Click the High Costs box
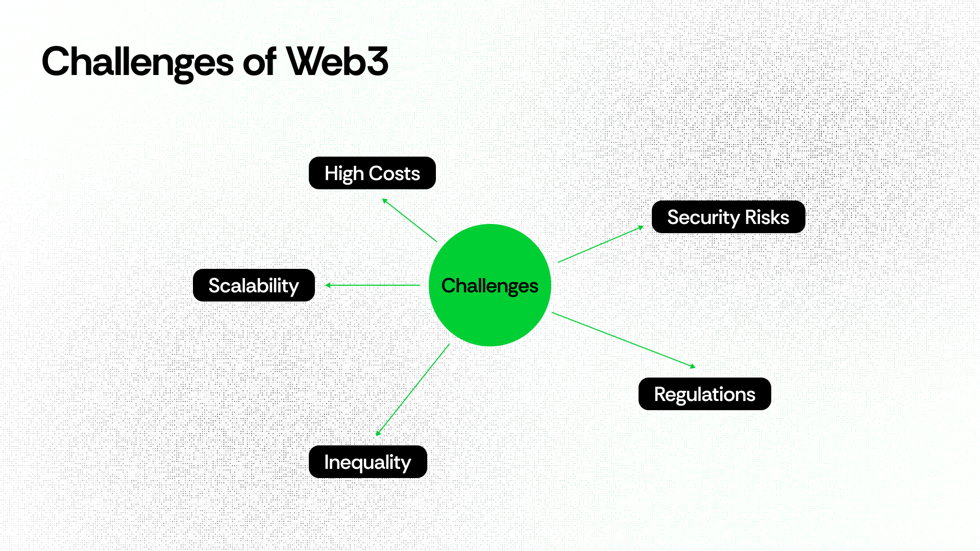372,173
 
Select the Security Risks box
728,217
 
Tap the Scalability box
254,285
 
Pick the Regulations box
704,394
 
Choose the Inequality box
367,462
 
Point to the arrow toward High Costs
410,220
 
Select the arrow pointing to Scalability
373,285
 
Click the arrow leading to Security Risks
601,244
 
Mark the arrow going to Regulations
623,340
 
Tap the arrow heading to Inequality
413,390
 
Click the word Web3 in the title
337,62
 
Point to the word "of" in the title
260,62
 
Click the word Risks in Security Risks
767,217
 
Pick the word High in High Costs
344,174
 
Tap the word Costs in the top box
394,173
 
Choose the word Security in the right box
703,218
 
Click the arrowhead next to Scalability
328,285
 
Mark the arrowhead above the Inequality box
378,433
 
